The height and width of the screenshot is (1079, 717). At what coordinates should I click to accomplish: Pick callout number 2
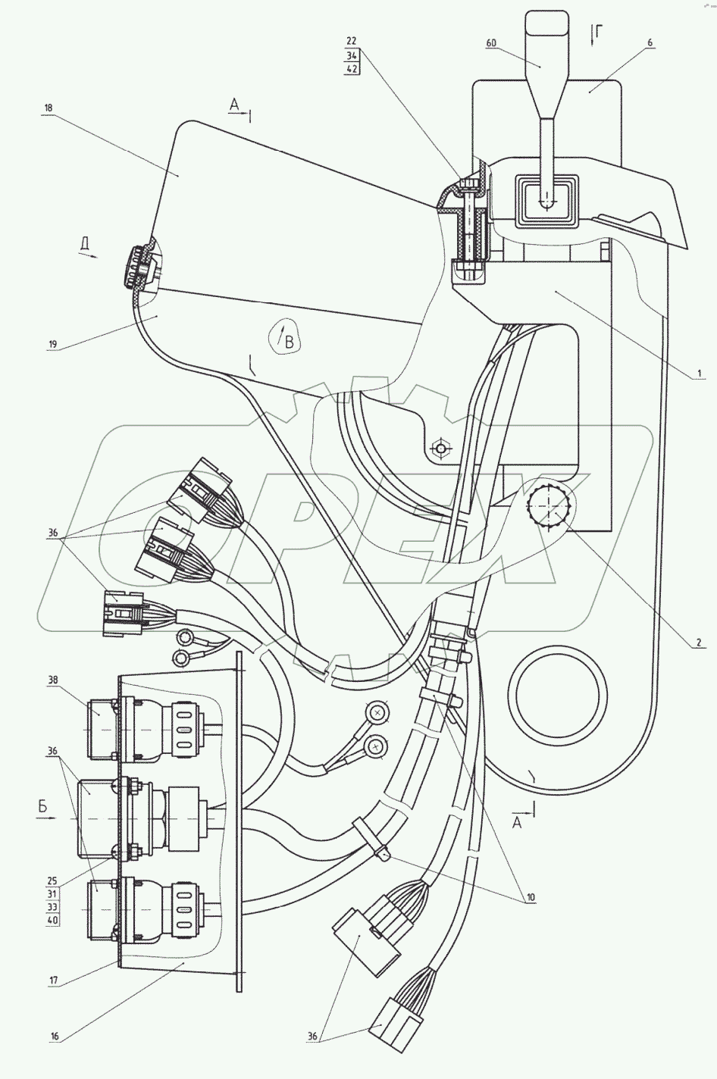[x=701, y=643]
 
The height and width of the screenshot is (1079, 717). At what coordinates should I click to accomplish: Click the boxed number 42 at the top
[x=352, y=68]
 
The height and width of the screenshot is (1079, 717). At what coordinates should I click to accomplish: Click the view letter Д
[x=86, y=243]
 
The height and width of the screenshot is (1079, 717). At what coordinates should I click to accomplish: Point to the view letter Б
[x=43, y=808]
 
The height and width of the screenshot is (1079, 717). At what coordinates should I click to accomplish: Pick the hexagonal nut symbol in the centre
[x=437, y=447]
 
